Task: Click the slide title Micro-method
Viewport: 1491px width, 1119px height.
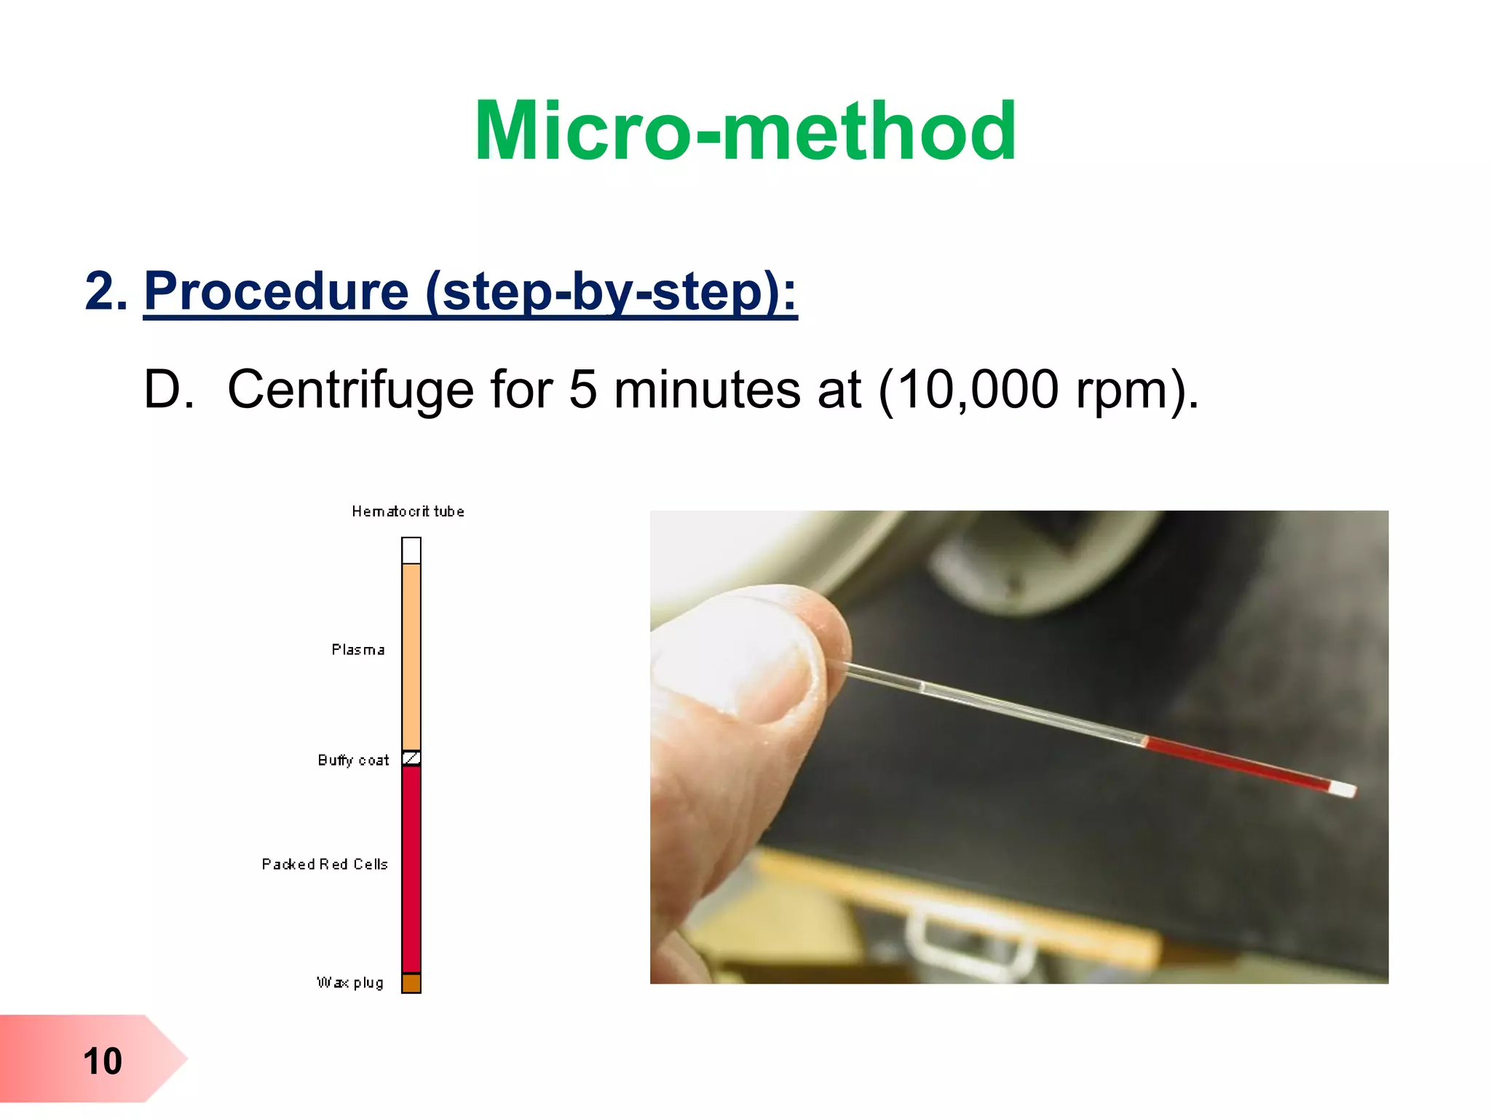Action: pyautogui.click(x=745, y=131)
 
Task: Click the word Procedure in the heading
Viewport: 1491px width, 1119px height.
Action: pyautogui.click(x=277, y=291)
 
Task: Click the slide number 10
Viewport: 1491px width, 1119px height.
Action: pyautogui.click(x=102, y=1061)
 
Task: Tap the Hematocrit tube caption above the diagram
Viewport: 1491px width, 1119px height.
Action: pyautogui.click(x=408, y=511)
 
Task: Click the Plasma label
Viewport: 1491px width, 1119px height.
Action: pyautogui.click(x=357, y=650)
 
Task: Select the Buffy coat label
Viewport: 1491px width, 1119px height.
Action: pyautogui.click(x=353, y=761)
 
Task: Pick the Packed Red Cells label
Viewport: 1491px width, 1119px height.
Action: pyautogui.click(x=325, y=865)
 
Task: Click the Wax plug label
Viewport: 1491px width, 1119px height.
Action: pyautogui.click(x=349, y=983)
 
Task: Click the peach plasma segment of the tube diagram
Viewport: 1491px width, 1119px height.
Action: pyautogui.click(x=411, y=656)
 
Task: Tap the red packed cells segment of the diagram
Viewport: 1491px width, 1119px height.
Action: pyautogui.click(x=411, y=867)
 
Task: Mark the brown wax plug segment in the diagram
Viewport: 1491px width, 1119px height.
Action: pyautogui.click(x=411, y=983)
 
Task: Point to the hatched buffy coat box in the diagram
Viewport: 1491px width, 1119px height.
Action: pyautogui.click(x=411, y=758)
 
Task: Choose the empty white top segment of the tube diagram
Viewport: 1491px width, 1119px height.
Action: pyautogui.click(x=411, y=551)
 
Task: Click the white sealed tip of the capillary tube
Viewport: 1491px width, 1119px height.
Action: pyautogui.click(x=1343, y=789)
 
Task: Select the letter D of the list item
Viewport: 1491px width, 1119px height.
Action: pyautogui.click(x=167, y=390)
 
